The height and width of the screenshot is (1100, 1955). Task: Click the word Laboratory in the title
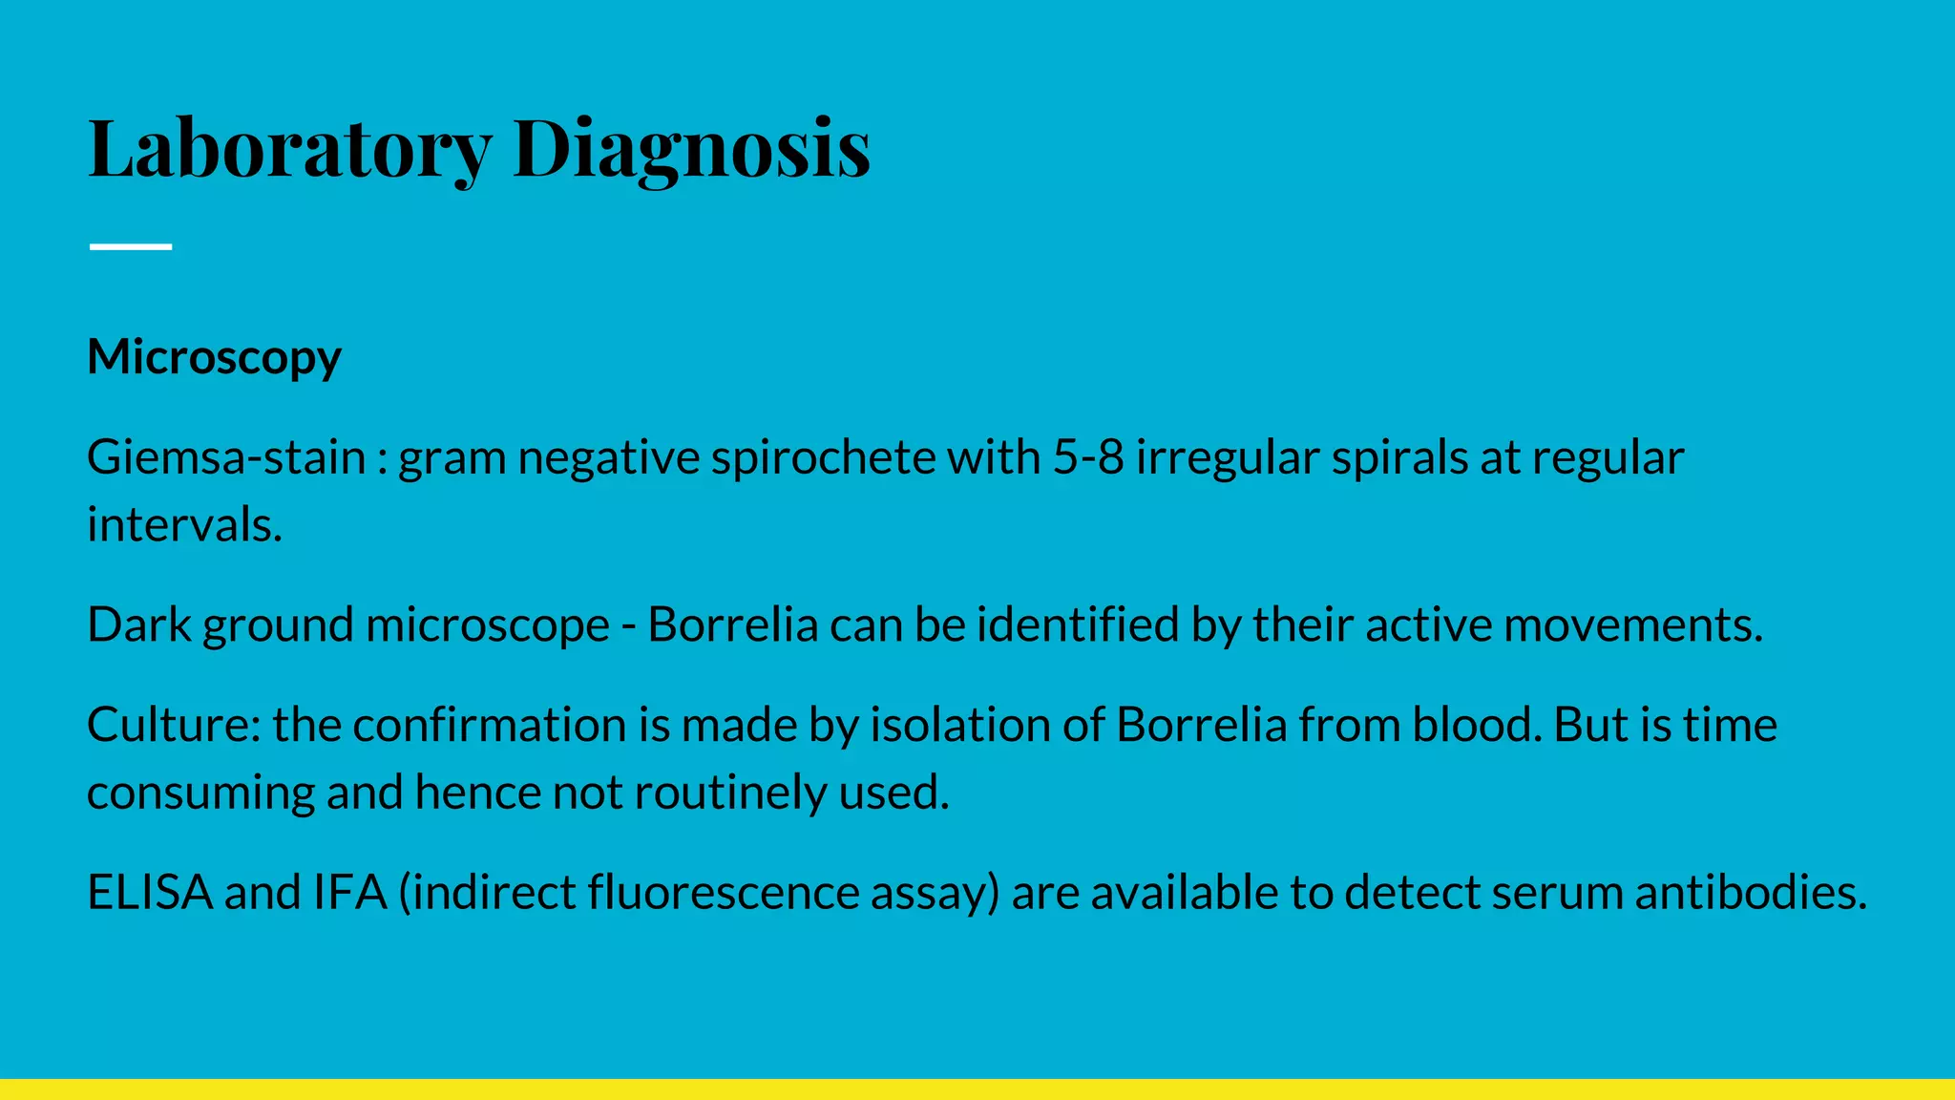[289, 148]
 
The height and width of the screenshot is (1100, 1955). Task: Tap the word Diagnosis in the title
[691, 148]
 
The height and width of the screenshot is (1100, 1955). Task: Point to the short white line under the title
[131, 246]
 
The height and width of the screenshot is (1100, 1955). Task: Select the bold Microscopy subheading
[214, 357]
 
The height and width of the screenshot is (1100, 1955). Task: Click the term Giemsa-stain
[226, 457]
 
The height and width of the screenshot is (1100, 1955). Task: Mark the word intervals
[184, 524]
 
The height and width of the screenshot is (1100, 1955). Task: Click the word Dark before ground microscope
[139, 624]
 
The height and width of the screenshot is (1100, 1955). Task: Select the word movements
[1632, 624]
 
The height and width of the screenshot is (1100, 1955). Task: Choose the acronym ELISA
[150, 892]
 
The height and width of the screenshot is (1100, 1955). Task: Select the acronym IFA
[349, 892]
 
